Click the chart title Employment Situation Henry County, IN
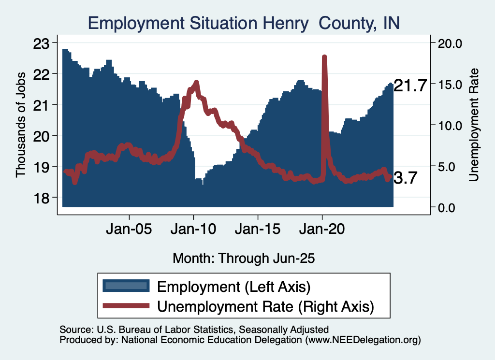click(x=244, y=23)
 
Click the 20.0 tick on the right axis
click(x=450, y=43)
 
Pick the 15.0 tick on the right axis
click(x=450, y=84)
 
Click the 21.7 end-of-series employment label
click(x=410, y=86)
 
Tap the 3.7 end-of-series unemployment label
click(x=405, y=178)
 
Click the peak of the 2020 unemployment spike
click(x=324, y=58)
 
